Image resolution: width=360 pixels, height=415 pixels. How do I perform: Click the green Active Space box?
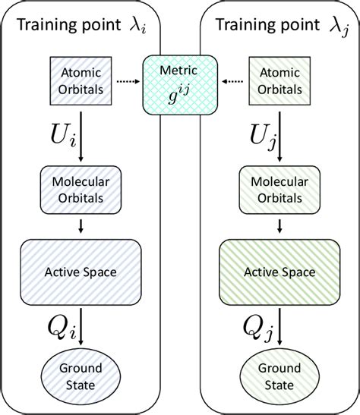click(x=278, y=272)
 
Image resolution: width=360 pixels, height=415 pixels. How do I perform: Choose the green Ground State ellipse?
click(x=278, y=373)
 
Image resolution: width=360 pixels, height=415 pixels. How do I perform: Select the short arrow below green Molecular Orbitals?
click(x=279, y=226)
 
